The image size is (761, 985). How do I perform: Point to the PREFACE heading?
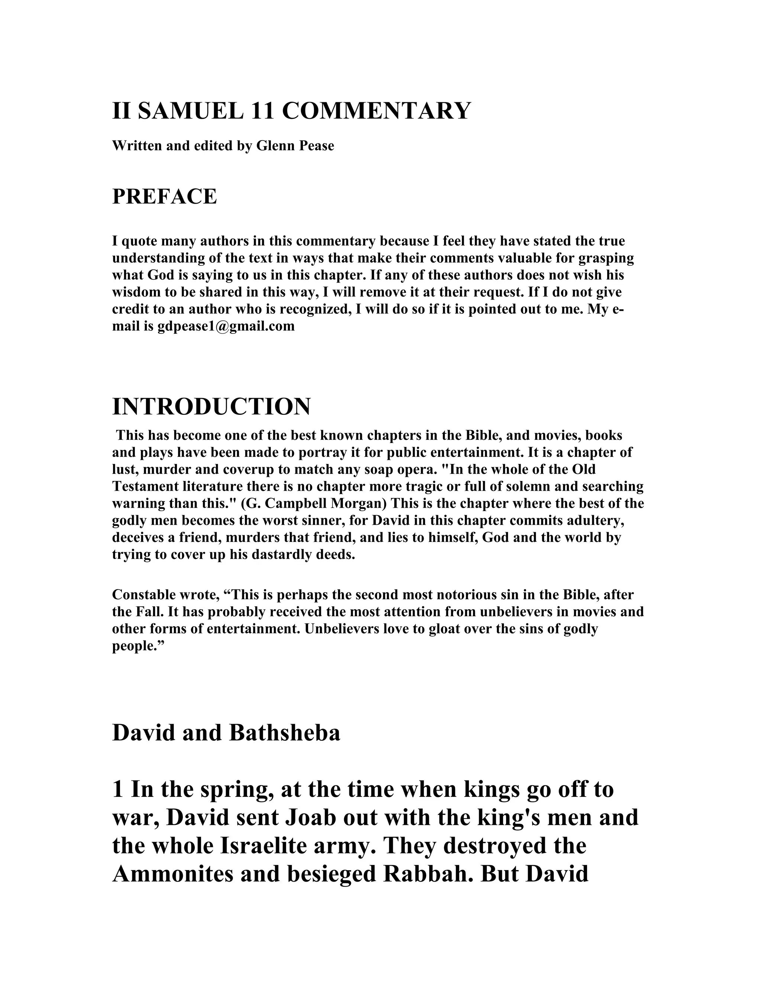pyautogui.click(x=164, y=197)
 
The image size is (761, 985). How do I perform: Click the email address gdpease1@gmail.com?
pyautogui.click(x=226, y=326)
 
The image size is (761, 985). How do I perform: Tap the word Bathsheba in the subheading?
pyautogui.click(x=285, y=733)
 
